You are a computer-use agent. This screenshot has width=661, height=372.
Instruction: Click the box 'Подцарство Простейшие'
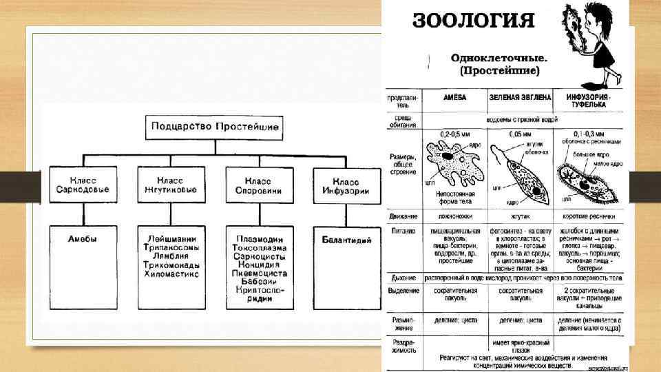click(x=214, y=128)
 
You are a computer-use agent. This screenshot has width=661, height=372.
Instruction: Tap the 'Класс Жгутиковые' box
click(x=171, y=185)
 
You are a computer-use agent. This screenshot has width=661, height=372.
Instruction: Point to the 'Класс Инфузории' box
click(x=346, y=185)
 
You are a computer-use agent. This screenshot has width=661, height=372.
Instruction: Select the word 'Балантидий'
click(x=346, y=240)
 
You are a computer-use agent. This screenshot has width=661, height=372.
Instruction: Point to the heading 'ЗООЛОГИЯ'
click(x=474, y=20)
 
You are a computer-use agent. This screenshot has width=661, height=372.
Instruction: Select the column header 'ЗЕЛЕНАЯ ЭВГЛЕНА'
click(x=521, y=98)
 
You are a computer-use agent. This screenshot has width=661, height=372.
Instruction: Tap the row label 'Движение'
click(x=402, y=216)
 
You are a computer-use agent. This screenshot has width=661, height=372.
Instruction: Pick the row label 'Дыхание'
click(x=402, y=278)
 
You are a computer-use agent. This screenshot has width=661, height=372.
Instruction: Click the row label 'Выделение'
click(x=402, y=291)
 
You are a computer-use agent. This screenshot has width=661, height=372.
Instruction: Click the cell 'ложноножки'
click(x=454, y=216)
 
